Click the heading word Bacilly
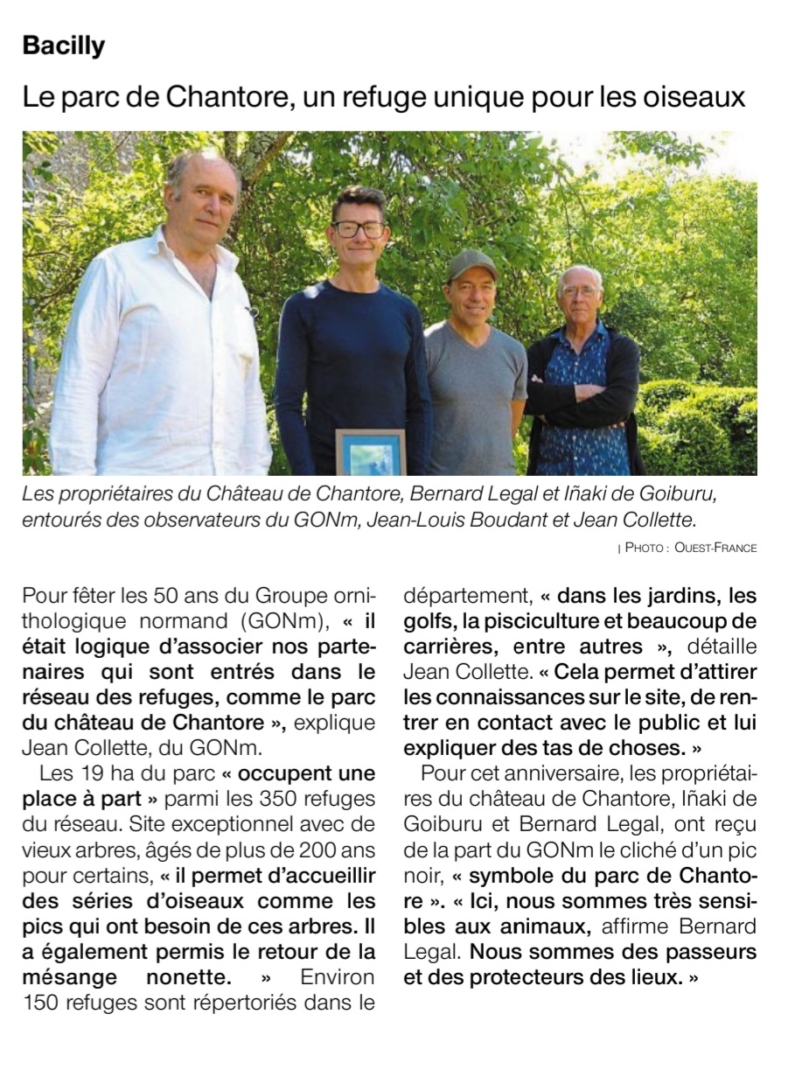pos(64,46)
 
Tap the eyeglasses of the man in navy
pos(359,229)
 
